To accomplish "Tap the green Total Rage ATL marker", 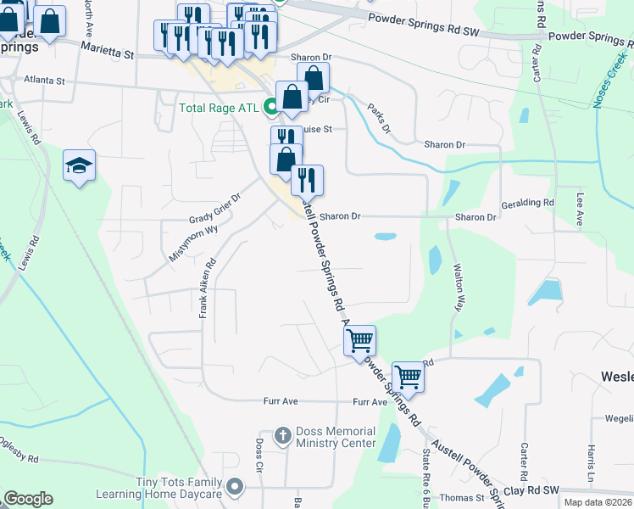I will [x=270, y=108].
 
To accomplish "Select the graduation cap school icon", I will [x=79, y=165].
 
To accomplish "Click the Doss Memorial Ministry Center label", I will [x=335, y=437].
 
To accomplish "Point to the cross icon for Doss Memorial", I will [x=284, y=437].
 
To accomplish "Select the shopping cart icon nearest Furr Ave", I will [x=408, y=376].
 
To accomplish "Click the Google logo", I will [x=28, y=499].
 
